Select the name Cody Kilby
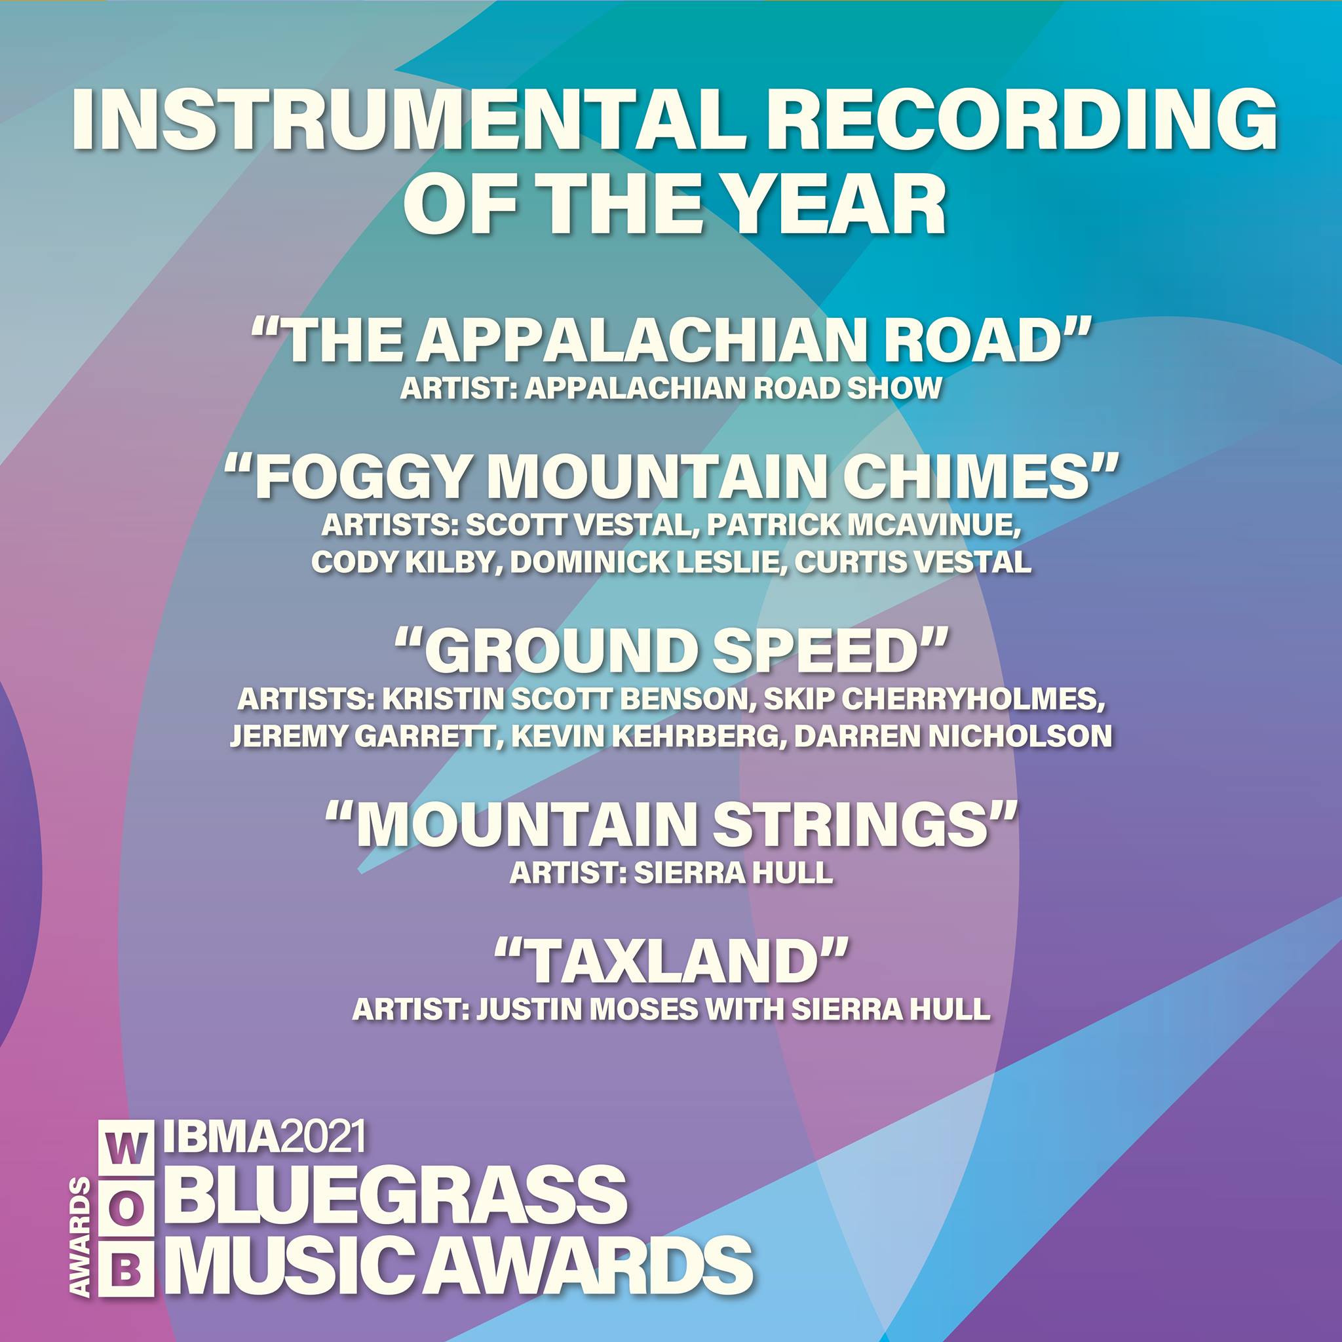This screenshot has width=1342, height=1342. point(404,563)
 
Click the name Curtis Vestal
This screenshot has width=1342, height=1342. point(912,563)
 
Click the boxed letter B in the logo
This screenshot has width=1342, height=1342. point(125,1271)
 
